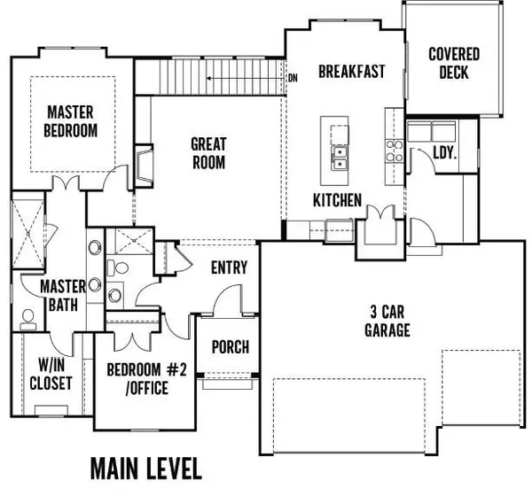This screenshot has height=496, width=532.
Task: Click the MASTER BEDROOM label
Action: (72, 121)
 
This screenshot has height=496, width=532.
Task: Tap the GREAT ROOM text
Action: (208, 152)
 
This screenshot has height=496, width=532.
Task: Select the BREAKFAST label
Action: (351, 72)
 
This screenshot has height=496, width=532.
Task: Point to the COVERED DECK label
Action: (454, 63)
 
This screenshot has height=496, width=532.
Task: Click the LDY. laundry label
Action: (443, 152)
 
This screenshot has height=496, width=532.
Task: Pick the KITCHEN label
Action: (337, 201)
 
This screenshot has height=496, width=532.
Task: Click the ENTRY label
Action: (229, 268)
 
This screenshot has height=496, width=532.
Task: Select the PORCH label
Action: (230, 347)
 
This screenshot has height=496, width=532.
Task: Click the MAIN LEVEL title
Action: (145, 466)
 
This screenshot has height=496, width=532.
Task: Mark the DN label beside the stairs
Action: (293, 79)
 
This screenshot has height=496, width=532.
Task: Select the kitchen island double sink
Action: (339, 158)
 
